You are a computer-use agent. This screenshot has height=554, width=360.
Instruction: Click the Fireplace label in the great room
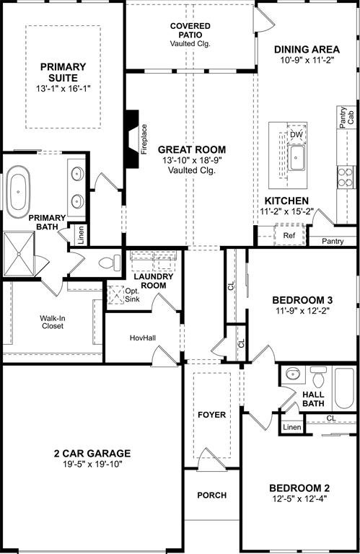[144, 139]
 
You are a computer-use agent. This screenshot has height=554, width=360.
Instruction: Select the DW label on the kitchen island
[296, 135]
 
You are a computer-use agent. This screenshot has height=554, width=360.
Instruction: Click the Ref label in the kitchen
[289, 235]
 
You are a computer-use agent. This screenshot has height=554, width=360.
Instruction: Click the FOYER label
[211, 415]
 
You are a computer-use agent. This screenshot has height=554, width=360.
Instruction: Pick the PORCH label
[211, 496]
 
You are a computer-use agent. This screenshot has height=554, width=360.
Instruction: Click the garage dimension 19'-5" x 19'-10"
[91, 465]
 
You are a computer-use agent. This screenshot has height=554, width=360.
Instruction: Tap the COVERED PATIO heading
[191, 35]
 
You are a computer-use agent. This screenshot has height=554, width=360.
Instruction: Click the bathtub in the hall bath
[343, 390]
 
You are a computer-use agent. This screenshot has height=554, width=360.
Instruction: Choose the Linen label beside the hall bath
[291, 427]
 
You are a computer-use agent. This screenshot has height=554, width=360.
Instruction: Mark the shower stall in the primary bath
[20, 254]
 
